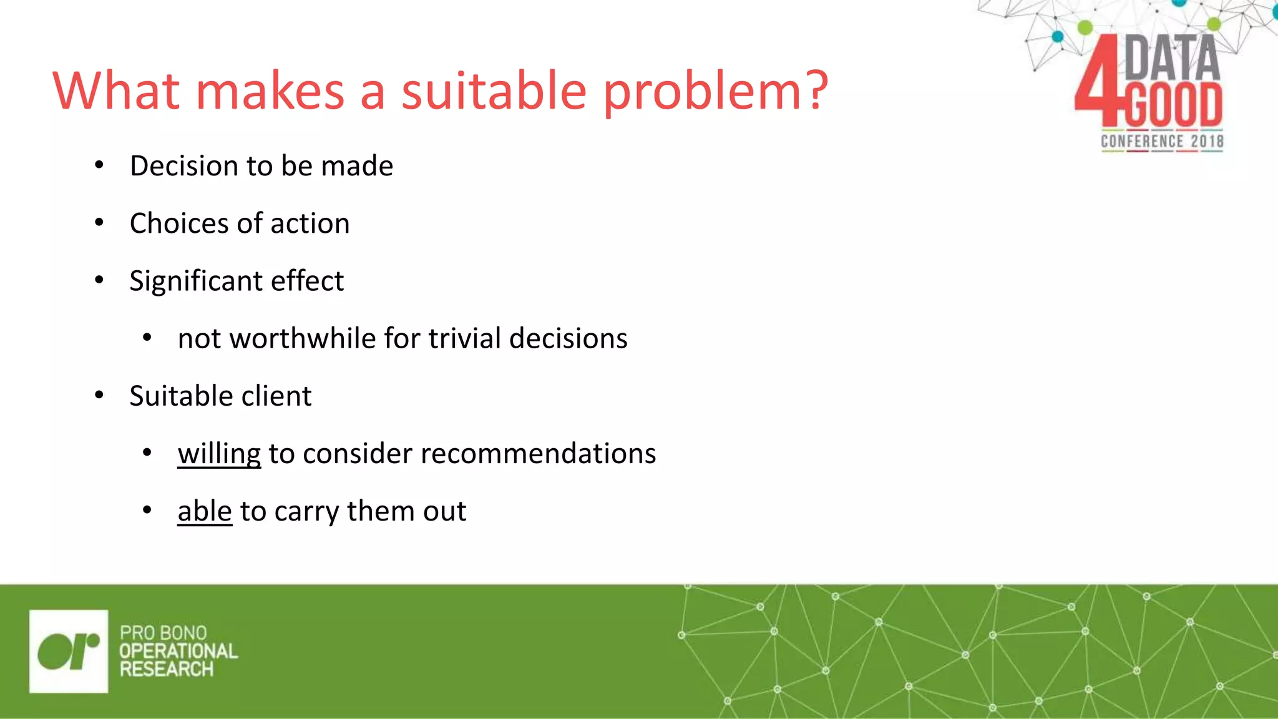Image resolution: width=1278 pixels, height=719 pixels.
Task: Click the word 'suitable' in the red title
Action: pyautogui.click(x=493, y=91)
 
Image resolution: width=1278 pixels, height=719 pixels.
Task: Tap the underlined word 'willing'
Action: pyautogui.click(x=218, y=454)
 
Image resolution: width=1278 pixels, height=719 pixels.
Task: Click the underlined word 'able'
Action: pyautogui.click(x=204, y=511)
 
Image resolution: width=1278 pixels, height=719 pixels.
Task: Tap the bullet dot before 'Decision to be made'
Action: pyautogui.click(x=99, y=165)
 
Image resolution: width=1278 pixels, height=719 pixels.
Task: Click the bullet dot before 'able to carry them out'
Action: pyautogui.click(x=147, y=511)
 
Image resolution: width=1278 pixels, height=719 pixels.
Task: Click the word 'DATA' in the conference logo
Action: pyautogui.click(x=1172, y=57)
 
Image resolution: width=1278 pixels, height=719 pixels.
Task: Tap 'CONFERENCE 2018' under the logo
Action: pyautogui.click(x=1162, y=142)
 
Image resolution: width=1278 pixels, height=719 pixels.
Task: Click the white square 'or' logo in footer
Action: pyautogui.click(x=68, y=651)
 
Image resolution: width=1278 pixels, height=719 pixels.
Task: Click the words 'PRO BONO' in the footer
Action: pyautogui.click(x=163, y=633)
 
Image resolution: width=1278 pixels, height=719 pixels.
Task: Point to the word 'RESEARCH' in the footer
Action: pyautogui.click(x=167, y=670)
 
